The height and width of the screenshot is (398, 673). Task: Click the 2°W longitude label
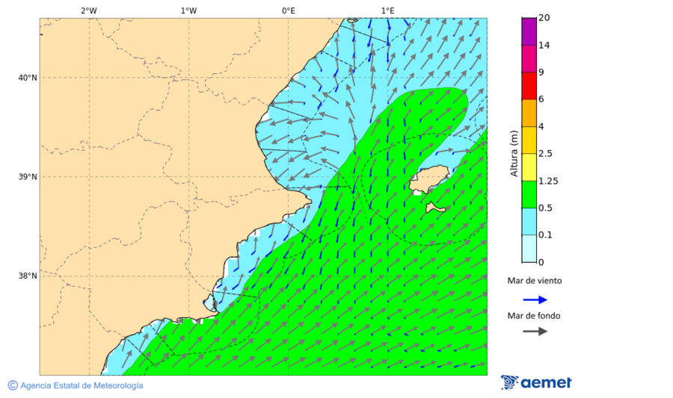click(88, 10)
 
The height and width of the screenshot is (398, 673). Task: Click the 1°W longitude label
click(188, 10)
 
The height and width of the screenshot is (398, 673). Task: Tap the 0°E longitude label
click(288, 10)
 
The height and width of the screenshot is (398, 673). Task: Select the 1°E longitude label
click(387, 10)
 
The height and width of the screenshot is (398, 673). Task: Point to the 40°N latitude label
click(28, 78)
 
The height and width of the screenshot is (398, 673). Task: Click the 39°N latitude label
click(28, 177)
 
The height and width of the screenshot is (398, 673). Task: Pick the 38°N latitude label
click(28, 276)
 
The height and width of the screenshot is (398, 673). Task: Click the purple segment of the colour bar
click(529, 31)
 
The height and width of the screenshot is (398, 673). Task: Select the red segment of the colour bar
click(529, 85)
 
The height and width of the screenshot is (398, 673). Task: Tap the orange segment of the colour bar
click(529, 113)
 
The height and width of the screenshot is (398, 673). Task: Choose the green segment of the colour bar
click(529, 194)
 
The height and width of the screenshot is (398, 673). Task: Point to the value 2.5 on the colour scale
click(545, 154)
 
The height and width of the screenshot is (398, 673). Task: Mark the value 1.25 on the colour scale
click(548, 181)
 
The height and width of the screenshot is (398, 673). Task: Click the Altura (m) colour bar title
click(514, 154)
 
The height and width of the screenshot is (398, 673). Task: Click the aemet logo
click(536, 382)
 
